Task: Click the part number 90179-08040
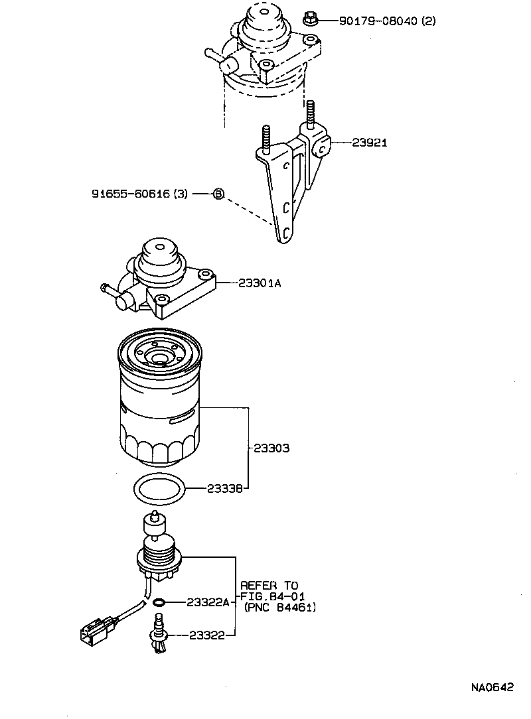378,21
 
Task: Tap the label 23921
370,143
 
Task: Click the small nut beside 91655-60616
218,194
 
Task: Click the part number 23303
271,448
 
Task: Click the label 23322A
208,602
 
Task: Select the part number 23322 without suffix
207,635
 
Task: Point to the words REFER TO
269,586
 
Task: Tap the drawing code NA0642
492,688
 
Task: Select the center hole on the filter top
159,358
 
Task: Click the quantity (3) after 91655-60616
181,194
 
